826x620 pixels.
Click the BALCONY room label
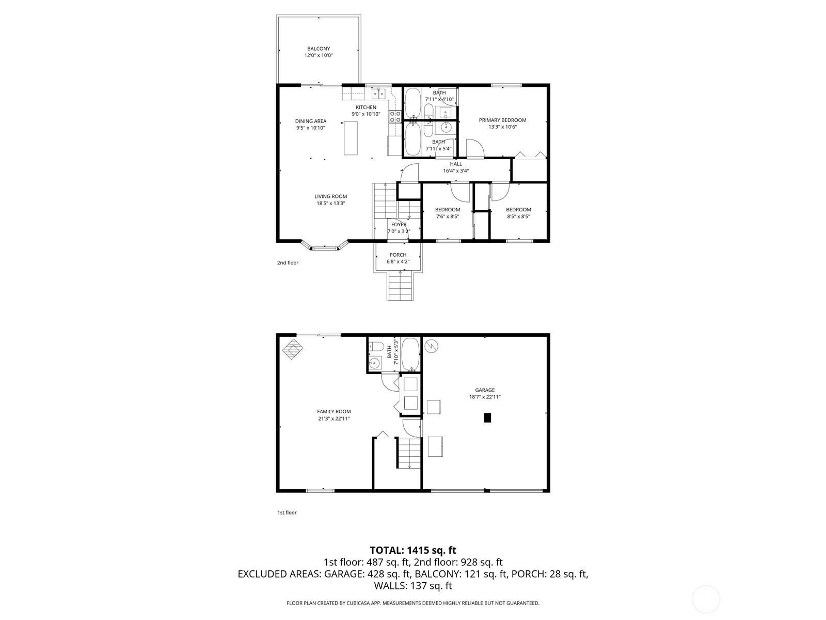pyautogui.click(x=319, y=49)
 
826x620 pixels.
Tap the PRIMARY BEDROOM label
pyautogui.click(x=502, y=120)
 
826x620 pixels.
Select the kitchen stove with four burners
pyautogui.click(x=395, y=116)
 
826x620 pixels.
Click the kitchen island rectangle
pyautogui.click(x=351, y=138)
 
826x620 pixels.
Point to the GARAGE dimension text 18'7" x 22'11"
pyautogui.click(x=485, y=397)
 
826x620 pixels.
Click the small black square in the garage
pyautogui.click(x=487, y=417)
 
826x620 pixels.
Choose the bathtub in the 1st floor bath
pyautogui.click(x=410, y=354)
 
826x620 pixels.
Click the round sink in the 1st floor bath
pyautogui.click(x=374, y=363)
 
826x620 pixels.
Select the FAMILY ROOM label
pyautogui.click(x=334, y=411)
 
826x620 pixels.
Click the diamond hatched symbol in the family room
pyautogui.click(x=293, y=349)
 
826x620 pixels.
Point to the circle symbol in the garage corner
pyautogui.click(x=431, y=346)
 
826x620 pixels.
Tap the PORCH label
pyautogui.click(x=398, y=255)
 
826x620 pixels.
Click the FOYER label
pyautogui.click(x=399, y=225)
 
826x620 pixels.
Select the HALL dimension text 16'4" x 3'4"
pyautogui.click(x=456, y=171)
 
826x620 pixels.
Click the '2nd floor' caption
pyautogui.click(x=288, y=263)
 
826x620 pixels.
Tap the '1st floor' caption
pyautogui.click(x=287, y=513)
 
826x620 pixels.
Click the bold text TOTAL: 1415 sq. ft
pyautogui.click(x=413, y=550)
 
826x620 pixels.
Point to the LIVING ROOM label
pyautogui.click(x=331, y=196)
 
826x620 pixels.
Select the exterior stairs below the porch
pyautogui.click(x=401, y=286)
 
